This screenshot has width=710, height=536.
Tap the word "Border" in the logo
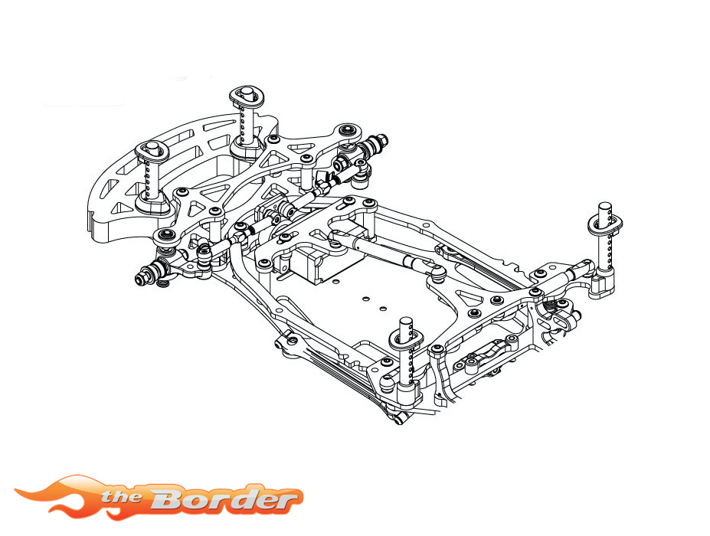pos(222,499)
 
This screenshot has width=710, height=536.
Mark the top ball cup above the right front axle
pos(349,130)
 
